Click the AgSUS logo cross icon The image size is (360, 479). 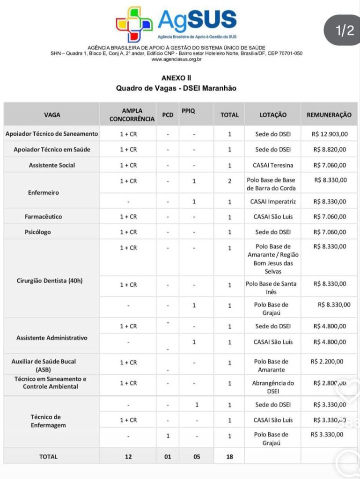click(x=134, y=24)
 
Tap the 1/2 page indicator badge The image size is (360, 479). click(x=345, y=31)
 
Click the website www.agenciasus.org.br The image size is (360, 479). click(x=176, y=59)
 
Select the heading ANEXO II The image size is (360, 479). click(x=176, y=78)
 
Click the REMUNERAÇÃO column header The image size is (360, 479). click(x=329, y=115)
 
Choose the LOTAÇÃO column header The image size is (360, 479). click(x=273, y=115)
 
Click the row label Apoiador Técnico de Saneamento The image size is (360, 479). click(x=52, y=134)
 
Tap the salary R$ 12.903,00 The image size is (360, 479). click(x=330, y=134)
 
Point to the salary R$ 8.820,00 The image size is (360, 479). click(x=330, y=150)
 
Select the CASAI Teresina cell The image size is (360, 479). click(x=273, y=165)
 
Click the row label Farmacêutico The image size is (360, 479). click(x=43, y=217)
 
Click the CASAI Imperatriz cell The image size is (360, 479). click(x=272, y=202)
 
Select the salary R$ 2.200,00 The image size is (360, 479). click(x=327, y=362)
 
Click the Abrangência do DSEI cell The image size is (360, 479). click(x=273, y=387)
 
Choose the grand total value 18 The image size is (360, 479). click(x=229, y=457)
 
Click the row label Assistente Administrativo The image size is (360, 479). click(x=51, y=338)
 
